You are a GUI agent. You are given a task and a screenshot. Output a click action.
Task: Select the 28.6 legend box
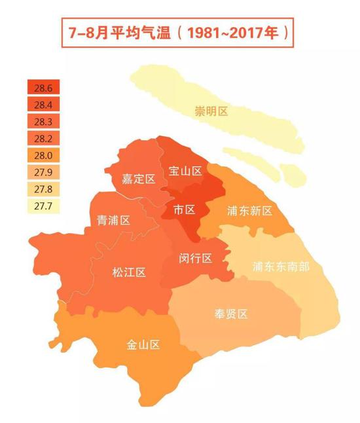tap(44, 88)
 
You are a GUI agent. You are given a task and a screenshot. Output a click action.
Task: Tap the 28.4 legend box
tap(44, 105)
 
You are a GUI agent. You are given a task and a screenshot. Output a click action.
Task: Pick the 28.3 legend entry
tap(44, 122)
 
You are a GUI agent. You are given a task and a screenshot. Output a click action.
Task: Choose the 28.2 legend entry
tap(44, 139)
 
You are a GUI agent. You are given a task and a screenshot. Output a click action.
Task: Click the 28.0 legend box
tap(44, 156)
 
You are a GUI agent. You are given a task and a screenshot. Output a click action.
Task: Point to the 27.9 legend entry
tap(44, 173)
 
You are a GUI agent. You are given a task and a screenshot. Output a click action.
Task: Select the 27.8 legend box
tap(44, 190)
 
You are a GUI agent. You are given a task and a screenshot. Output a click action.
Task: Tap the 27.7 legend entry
tap(44, 207)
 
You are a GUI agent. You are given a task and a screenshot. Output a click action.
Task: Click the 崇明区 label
tap(211, 111)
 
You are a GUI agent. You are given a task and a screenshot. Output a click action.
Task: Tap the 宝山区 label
tap(185, 171)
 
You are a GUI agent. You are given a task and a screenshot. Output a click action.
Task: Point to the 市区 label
tap(185, 210)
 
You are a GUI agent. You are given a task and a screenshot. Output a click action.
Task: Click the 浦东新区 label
tap(249, 211)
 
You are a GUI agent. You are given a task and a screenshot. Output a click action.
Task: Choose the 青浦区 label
tap(113, 220)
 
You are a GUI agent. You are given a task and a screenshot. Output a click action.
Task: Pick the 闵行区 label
tap(196, 258)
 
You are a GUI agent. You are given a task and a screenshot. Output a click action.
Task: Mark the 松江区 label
tap(128, 272)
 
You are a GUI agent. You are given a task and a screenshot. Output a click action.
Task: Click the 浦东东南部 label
tap(281, 267)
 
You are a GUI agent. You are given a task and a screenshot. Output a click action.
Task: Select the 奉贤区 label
tap(231, 314)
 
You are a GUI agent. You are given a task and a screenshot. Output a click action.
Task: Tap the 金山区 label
tap(143, 344)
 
